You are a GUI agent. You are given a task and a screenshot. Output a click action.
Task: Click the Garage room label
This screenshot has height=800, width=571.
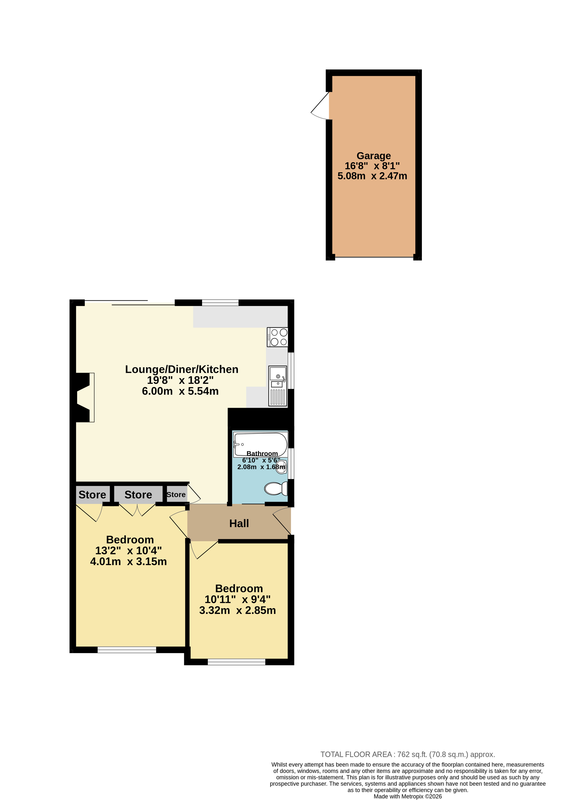click(373, 156)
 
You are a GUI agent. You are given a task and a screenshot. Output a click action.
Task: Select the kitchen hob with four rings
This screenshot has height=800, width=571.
click(277, 337)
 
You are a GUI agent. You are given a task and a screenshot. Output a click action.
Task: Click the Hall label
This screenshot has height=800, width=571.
click(239, 523)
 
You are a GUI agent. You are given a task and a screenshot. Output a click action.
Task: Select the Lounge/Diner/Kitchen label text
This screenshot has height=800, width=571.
click(182, 369)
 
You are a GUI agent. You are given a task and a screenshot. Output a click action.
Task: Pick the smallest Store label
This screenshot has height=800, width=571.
click(176, 495)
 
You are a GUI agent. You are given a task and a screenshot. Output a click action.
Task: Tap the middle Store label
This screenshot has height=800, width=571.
click(138, 495)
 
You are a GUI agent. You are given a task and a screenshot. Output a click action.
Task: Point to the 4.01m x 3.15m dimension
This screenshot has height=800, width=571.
click(128, 561)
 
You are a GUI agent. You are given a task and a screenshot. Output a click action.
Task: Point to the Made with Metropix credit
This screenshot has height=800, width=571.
click(407, 796)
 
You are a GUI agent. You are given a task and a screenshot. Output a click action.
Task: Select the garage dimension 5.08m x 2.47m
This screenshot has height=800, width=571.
click(372, 176)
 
